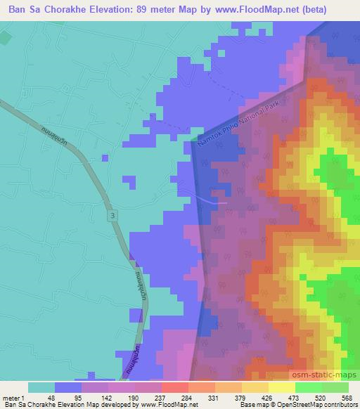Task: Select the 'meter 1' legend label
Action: [x=13, y=398]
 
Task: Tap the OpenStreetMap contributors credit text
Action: [x=321, y=405]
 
